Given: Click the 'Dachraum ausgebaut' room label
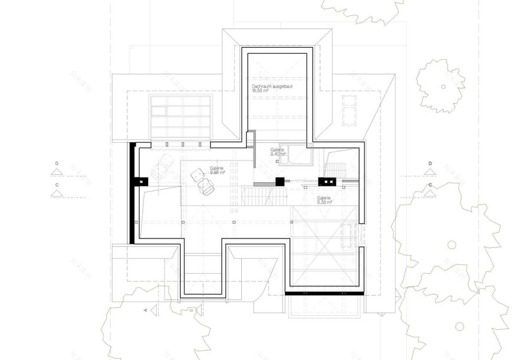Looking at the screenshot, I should [x=272, y=86].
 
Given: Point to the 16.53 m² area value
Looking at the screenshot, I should [x=260, y=91].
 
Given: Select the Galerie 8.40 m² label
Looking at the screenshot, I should [x=278, y=152].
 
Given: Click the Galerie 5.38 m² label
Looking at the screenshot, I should [x=324, y=199].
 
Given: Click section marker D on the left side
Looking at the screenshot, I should [x=57, y=168].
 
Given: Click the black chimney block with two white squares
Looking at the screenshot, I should [x=327, y=181].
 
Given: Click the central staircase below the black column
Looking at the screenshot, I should [x=264, y=195].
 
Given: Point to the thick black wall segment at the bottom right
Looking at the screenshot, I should [x=323, y=292].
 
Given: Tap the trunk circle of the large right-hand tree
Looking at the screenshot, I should [x=452, y=244].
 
